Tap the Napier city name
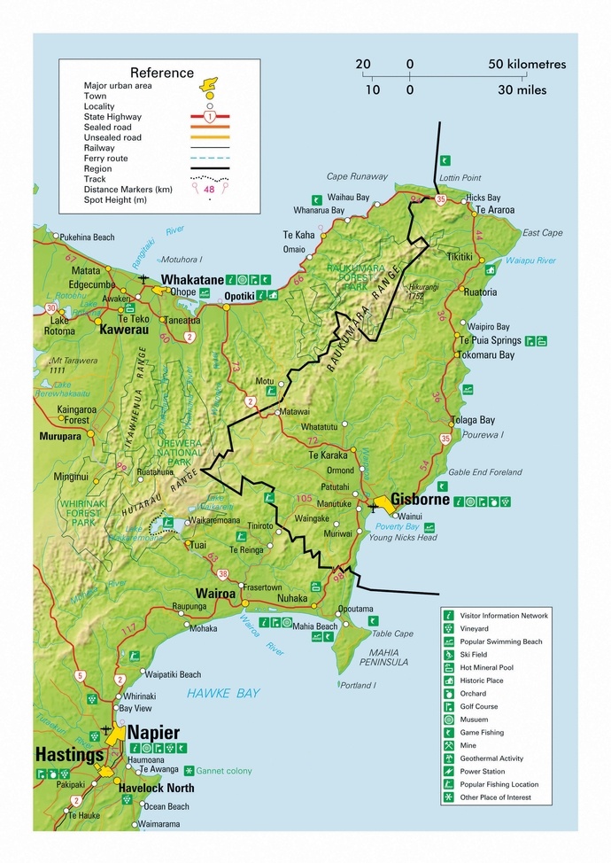pyautogui.click(x=153, y=733)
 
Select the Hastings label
pyautogui.click(x=66, y=755)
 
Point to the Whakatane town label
pyautogui.click(x=190, y=280)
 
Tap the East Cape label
pyautogui.click(x=542, y=233)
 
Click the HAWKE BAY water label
pyautogui.click(x=222, y=693)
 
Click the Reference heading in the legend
pyautogui.click(x=161, y=73)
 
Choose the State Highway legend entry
pyautogui.click(x=112, y=117)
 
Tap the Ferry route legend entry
pyautogui.click(x=105, y=159)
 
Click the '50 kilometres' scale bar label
pyautogui.click(x=527, y=65)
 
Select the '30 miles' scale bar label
pyautogui.click(x=522, y=89)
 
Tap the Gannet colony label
pyautogui.click(x=223, y=771)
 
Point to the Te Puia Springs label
pyautogui.click(x=490, y=340)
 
